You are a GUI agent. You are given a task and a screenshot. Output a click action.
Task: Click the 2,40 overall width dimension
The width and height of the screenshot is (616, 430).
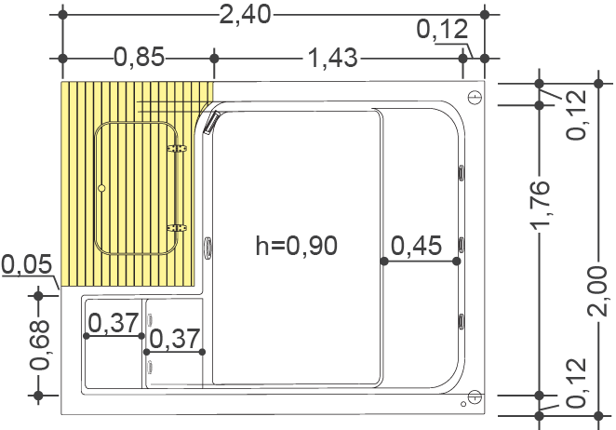(x=245, y=15)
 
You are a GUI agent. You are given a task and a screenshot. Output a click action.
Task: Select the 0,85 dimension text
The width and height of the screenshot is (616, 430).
(x=139, y=57)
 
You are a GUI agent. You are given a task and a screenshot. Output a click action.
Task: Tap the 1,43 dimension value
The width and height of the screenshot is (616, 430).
(x=332, y=58)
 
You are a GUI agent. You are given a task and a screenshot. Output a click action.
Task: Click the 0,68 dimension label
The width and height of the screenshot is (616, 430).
(x=39, y=345)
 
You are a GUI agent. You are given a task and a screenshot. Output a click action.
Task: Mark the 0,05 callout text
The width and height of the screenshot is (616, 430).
(x=27, y=263)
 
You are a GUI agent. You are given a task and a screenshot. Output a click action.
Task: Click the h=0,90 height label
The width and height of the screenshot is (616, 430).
(x=296, y=246)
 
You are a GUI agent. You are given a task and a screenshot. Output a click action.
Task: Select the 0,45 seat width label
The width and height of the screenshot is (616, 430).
(x=417, y=246)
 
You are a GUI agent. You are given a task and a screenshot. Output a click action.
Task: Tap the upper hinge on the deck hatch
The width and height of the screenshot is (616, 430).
(x=177, y=149)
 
